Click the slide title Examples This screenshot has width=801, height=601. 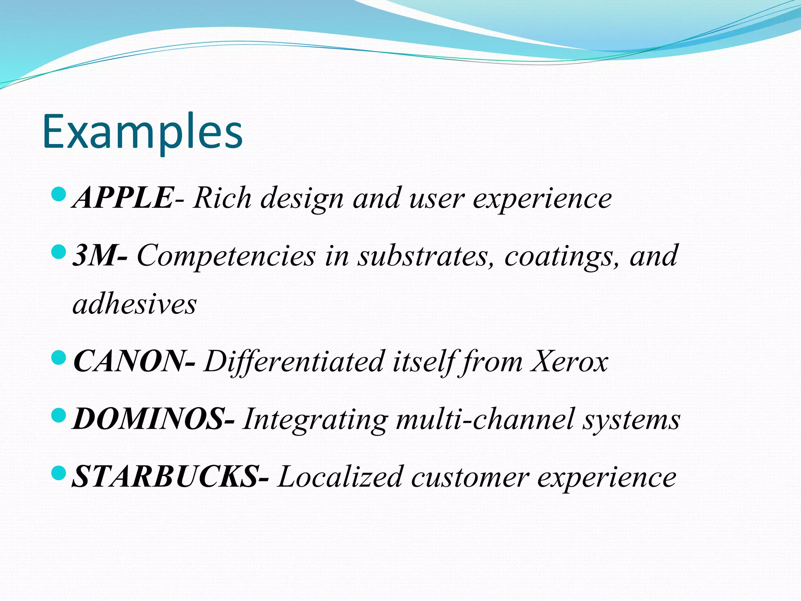142,132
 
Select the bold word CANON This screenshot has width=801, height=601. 128,361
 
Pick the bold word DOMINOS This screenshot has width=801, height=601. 149,419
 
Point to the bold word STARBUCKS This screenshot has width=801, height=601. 165,477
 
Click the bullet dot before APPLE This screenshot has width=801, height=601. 59,194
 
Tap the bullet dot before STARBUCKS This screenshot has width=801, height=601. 59,473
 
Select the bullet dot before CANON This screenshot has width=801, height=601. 59,357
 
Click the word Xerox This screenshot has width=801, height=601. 569,361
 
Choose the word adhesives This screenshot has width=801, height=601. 135,304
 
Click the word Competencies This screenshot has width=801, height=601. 226,256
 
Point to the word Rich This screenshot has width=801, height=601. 222,198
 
